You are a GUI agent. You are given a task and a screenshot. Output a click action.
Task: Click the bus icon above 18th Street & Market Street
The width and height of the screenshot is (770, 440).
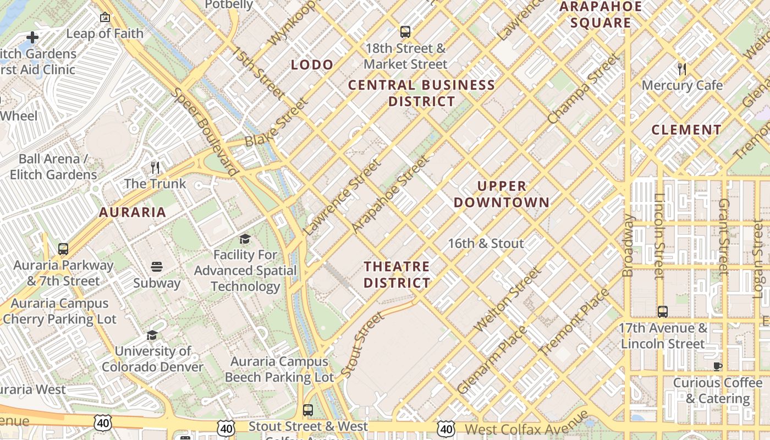point(405,32)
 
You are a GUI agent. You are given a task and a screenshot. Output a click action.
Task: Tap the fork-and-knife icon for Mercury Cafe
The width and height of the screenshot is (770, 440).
point(682,69)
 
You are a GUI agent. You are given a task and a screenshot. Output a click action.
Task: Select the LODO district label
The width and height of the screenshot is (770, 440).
point(312,65)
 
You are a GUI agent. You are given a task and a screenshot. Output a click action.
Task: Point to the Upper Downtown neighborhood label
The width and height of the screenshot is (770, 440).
point(501,194)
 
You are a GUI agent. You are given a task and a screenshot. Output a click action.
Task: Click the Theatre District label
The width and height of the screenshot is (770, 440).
point(397,274)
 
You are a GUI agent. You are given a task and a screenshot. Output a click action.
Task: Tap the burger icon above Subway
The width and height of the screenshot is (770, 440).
point(157,267)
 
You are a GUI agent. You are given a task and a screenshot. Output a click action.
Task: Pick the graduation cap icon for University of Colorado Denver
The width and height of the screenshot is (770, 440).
point(152,335)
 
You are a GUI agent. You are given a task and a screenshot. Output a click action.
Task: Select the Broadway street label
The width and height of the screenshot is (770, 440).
point(628,245)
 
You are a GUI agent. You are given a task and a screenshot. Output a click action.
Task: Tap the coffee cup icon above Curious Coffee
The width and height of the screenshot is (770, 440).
point(717,366)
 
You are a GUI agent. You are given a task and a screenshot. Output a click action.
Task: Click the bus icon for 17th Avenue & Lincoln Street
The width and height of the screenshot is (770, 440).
point(663,312)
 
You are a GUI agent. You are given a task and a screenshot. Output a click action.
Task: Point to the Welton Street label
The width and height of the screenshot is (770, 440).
point(508,300)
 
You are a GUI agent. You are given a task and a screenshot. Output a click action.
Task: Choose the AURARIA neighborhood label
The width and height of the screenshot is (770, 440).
point(132,212)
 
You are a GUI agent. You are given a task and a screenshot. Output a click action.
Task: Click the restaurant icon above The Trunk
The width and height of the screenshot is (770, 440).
point(155,167)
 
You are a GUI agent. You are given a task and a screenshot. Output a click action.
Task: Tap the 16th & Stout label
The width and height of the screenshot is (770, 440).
point(486,243)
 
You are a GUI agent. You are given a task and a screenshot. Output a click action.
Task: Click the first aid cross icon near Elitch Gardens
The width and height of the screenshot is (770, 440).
point(32,37)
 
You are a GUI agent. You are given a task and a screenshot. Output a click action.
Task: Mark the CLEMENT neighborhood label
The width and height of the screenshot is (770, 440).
point(686,130)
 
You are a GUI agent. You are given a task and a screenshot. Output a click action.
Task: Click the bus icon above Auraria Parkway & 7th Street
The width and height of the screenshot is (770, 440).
point(63,249)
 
